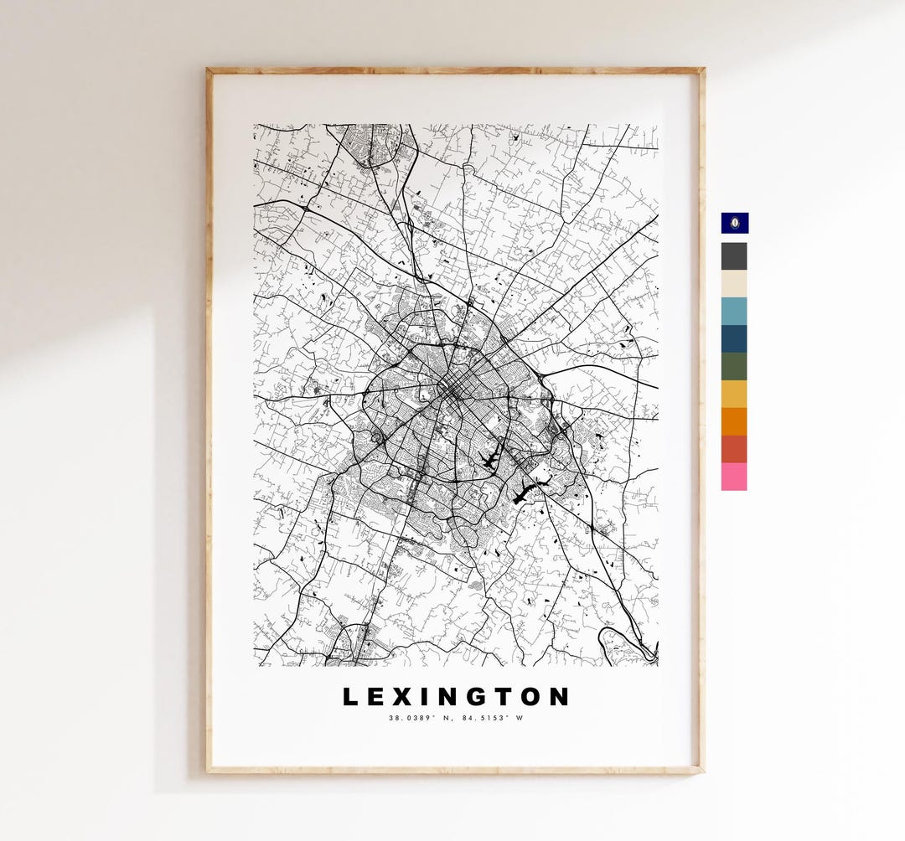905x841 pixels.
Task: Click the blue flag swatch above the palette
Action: pos(734,223)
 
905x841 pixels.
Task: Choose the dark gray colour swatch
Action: pos(734,256)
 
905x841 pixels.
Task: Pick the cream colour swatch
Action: pos(734,284)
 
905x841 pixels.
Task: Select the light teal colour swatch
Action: pos(734,311)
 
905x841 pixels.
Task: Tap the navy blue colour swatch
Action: pos(734,338)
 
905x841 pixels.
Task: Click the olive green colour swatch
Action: pos(734,366)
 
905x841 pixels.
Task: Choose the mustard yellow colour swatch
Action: pos(734,394)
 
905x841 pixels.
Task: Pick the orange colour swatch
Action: pos(734,421)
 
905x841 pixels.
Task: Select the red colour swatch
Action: pos(734,449)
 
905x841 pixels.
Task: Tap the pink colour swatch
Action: pos(734,477)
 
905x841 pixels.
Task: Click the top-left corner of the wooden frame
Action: pos(209,71)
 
